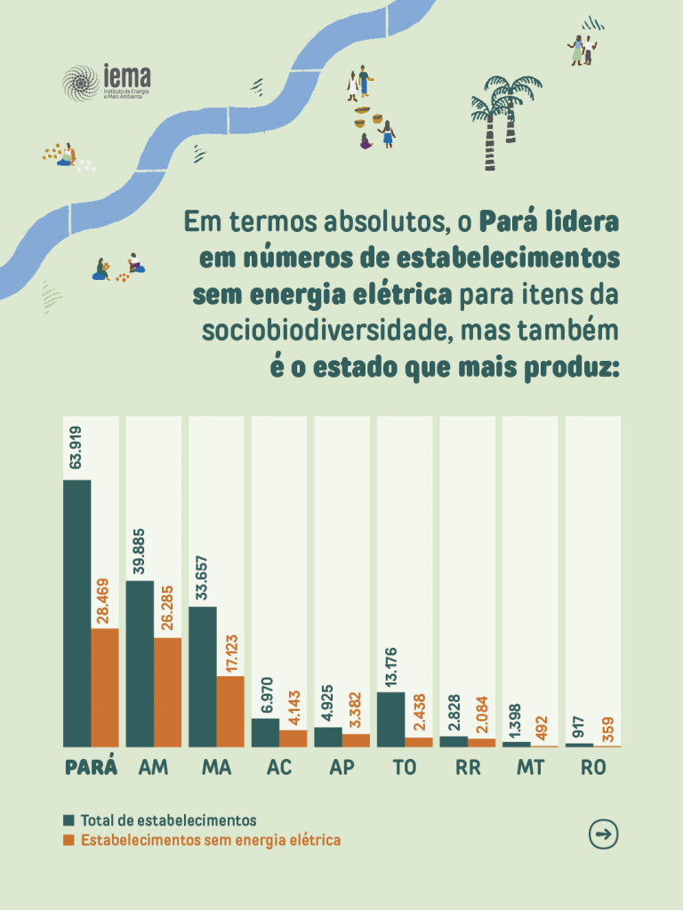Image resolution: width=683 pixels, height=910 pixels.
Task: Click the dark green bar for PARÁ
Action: [x=76, y=613]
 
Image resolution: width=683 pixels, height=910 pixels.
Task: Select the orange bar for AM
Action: [x=167, y=692]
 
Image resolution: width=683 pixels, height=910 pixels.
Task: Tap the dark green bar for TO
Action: [x=391, y=719]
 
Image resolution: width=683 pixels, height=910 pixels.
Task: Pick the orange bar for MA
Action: [x=230, y=711]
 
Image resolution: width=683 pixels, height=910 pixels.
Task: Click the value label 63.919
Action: [x=76, y=447]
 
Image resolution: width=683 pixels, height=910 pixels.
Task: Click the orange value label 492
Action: [x=543, y=725]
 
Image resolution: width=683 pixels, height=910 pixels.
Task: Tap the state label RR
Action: [x=468, y=768]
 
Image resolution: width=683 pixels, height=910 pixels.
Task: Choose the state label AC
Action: [x=279, y=768]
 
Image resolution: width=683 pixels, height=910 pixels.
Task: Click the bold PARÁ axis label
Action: [x=91, y=768]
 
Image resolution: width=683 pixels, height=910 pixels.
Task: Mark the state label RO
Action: [x=593, y=768]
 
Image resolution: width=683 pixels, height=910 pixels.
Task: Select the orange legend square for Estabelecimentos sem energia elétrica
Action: [x=68, y=840]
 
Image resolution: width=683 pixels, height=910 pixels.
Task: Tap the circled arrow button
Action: [x=604, y=834]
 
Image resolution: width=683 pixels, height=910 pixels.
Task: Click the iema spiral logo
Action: [x=80, y=83]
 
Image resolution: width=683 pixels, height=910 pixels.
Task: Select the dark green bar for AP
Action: [x=328, y=737]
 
